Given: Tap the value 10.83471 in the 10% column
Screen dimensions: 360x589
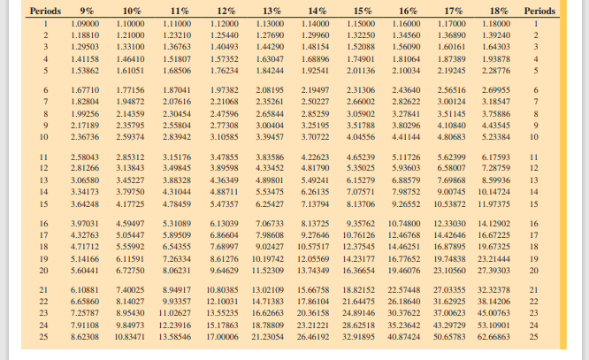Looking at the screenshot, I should pyautogui.click(x=130, y=338).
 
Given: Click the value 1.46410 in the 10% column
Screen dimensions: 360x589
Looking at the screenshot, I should pyautogui.click(x=130, y=57).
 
